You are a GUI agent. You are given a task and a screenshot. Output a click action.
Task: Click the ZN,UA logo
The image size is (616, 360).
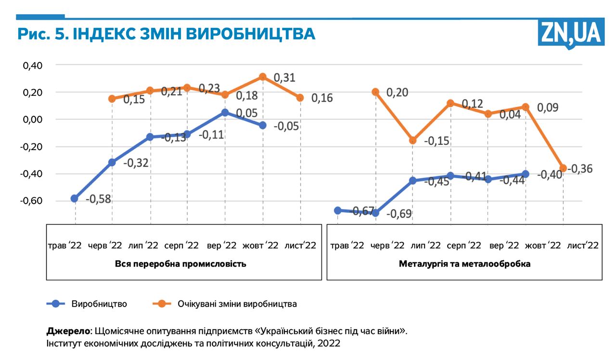click(571, 33)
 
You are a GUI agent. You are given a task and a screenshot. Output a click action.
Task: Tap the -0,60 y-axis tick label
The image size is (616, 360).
click(31, 201)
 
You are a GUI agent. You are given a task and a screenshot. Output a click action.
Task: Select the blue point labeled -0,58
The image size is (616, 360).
click(75, 198)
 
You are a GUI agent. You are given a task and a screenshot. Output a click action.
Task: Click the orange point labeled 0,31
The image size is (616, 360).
click(263, 77)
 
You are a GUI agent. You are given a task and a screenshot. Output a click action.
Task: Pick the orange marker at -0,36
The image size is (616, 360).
click(563, 168)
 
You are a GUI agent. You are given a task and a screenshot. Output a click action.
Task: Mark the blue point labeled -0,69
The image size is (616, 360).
click(375, 213)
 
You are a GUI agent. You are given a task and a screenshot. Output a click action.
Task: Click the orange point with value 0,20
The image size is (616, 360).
click(375, 91)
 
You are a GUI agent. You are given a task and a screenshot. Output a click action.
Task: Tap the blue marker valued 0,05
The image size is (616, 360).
click(225, 112)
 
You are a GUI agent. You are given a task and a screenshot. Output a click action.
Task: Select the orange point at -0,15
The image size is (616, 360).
click(412, 140)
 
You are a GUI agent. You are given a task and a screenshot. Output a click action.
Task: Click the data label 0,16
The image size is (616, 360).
click(322, 98)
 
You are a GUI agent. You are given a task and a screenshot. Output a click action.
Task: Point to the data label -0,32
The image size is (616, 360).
click(136, 163)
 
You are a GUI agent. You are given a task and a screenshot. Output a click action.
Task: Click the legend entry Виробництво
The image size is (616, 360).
click(99, 304)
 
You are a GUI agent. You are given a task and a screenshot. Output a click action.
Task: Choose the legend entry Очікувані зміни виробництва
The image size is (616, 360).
click(237, 304)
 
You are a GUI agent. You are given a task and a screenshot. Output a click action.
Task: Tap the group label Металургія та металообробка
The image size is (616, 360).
click(464, 264)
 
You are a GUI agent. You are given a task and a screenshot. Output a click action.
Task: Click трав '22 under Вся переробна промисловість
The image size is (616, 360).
click(64, 245)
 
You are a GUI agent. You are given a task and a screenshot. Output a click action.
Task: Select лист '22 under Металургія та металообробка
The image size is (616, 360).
click(583, 245)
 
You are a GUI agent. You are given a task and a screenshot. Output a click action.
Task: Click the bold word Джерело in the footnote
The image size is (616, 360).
click(68, 331)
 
